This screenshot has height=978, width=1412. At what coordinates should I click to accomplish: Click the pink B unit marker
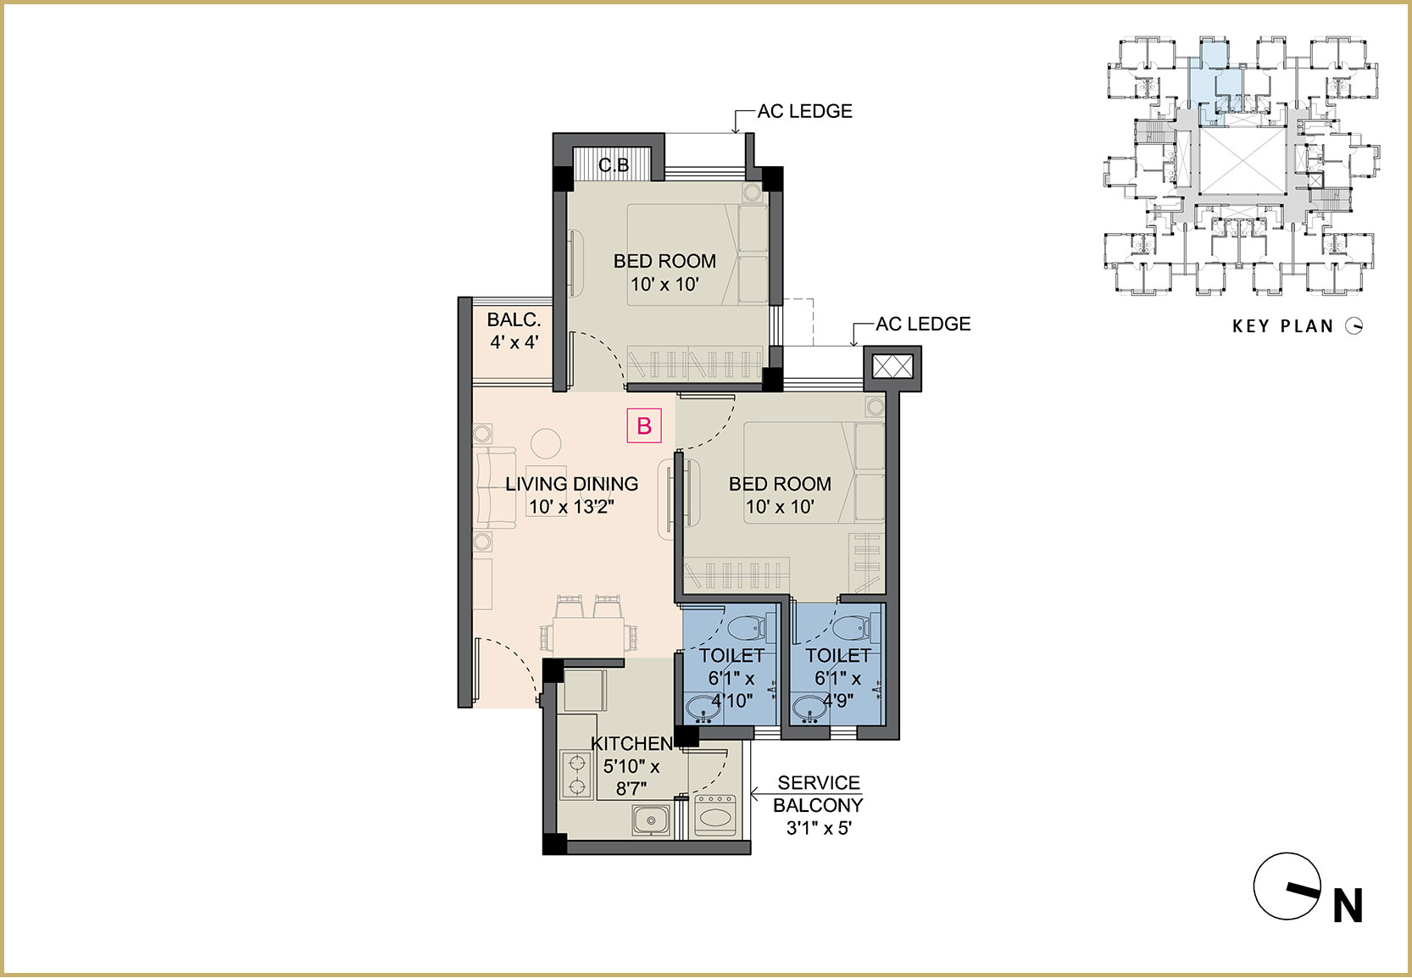[x=643, y=426]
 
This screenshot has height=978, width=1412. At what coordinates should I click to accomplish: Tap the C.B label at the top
[x=614, y=165]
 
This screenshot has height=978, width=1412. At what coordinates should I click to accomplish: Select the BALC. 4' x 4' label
[x=514, y=331]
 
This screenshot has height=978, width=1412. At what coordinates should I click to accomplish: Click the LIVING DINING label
[x=572, y=484]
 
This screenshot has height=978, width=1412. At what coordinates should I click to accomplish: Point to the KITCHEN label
[x=631, y=743]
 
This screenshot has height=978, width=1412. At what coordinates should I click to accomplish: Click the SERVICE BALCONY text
[x=818, y=794]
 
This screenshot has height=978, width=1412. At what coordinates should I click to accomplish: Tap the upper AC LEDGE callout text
[x=805, y=111]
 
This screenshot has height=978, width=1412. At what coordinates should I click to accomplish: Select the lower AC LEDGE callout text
[x=923, y=324]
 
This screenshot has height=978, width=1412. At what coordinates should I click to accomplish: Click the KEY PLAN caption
[x=1283, y=325]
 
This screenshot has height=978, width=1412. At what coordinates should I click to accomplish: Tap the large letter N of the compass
[x=1348, y=906]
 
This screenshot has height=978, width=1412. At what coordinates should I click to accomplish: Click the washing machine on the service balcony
[x=714, y=816]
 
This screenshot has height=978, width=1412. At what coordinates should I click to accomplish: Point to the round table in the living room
[x=546, y=443]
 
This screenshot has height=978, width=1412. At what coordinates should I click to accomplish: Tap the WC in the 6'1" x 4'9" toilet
[x=853, y=628]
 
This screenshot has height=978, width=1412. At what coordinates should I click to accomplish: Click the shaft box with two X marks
[x=892, y=366]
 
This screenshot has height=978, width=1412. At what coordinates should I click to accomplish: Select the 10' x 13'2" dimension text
[x=572, y=507]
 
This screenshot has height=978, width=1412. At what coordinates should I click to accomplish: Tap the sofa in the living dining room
[x=496, y=487]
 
